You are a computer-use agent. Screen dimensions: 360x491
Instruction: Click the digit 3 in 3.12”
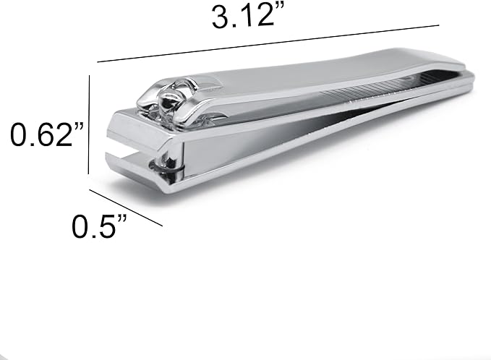tap(220, 16)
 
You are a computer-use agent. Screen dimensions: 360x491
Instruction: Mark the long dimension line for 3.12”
tap(268, 44)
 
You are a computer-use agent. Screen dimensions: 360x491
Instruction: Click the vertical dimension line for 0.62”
tap(89, 123)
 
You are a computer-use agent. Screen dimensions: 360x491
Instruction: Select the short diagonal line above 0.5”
tap(125, 207)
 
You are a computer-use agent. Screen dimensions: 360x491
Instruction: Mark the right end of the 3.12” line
tap(438, 26)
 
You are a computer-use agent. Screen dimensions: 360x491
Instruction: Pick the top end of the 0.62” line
tap(89, 74)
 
